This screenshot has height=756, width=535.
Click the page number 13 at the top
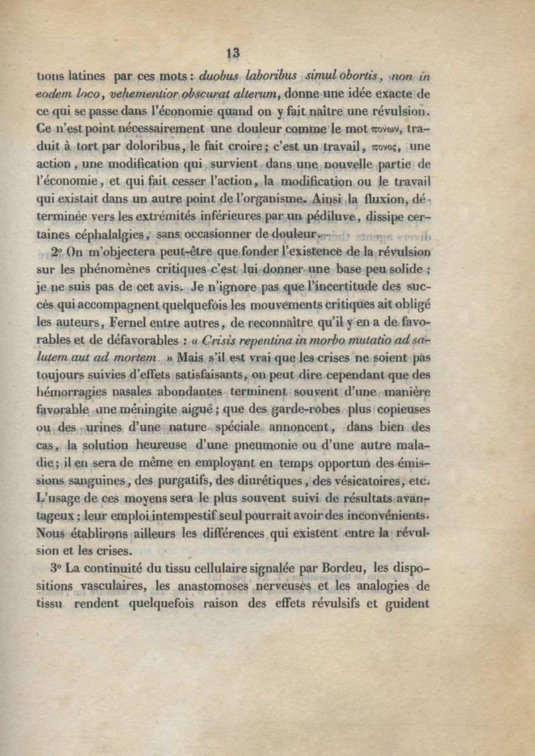pyautogui.click(x=233, y=54)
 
